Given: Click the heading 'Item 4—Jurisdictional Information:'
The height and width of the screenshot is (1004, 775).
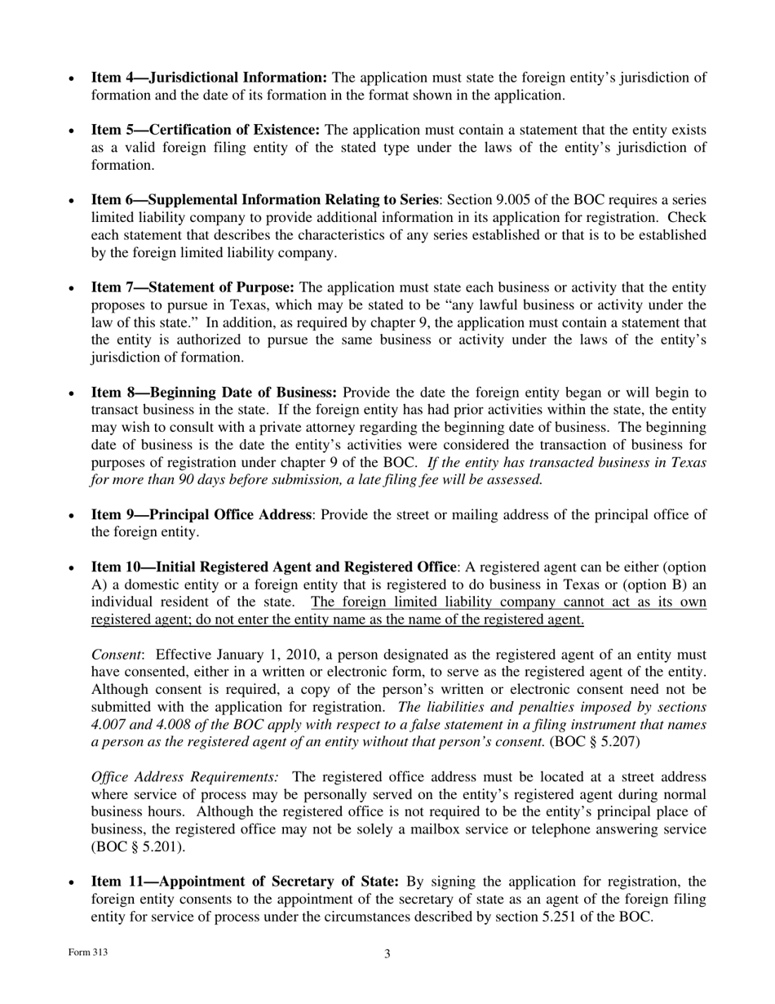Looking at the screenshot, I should pos(209,78).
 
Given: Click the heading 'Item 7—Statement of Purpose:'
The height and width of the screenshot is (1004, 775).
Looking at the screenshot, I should pos(193,287).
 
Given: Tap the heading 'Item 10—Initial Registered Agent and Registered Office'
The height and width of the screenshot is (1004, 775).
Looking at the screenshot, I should pos(273,566).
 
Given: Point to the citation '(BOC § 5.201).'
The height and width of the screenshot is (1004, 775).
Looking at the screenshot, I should pos(138,846).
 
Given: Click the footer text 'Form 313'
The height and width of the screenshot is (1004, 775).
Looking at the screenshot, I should pos(87,953).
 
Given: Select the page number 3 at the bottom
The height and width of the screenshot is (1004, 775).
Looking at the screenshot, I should pos(387,953).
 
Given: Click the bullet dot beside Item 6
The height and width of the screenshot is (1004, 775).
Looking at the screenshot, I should pos(72,201).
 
